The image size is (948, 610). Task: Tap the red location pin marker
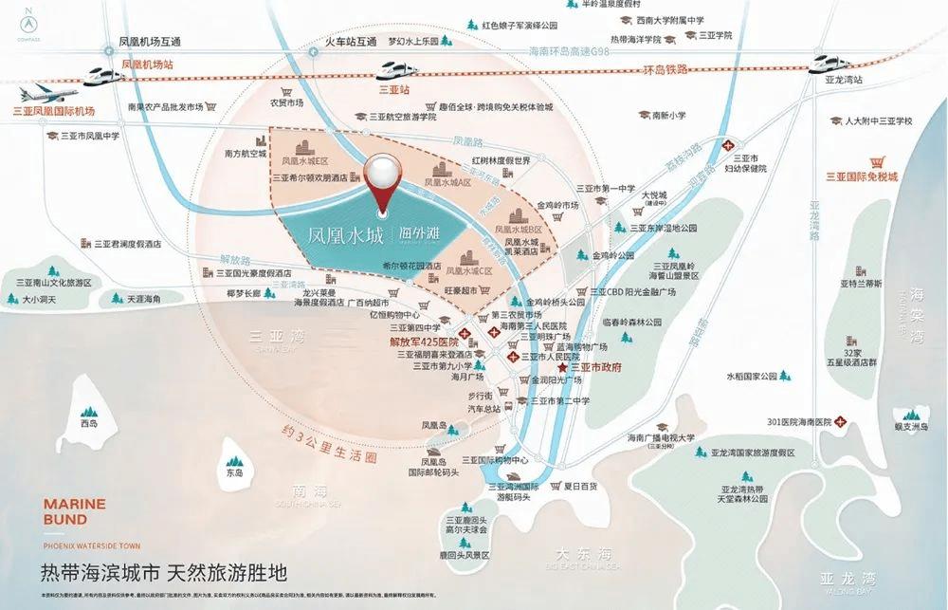(x=384, y=180)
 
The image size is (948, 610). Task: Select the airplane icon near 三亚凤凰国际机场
(x=40, y=95)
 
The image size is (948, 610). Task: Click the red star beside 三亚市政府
(x=562, y=368)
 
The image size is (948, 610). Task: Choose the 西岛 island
(x=89, y=422)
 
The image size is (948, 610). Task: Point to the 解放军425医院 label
(x=424, y=342)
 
